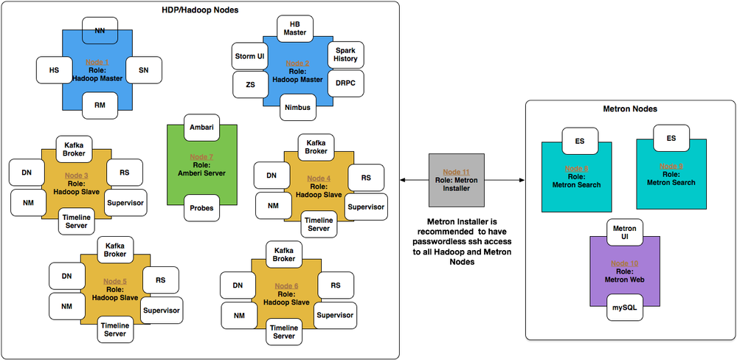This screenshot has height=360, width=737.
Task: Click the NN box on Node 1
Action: point(99,31)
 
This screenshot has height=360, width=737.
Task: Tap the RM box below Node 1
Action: point(100,105)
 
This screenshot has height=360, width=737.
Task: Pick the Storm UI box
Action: point(249,56)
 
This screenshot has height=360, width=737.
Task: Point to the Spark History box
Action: point(345,54)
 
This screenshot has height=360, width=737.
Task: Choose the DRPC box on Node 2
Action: point(345,83)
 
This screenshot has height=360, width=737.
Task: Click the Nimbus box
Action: point(297,108)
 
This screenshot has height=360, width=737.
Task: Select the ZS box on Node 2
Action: point(250,85)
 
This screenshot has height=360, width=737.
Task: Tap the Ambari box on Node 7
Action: point(201,127)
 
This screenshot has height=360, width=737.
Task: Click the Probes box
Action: point(201,208)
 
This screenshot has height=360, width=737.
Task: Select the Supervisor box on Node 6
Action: point(335,315)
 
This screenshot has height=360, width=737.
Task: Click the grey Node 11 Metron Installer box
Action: point(455,179)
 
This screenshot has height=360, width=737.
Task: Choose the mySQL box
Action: point(625,307)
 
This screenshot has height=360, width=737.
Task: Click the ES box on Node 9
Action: point(671,138)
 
